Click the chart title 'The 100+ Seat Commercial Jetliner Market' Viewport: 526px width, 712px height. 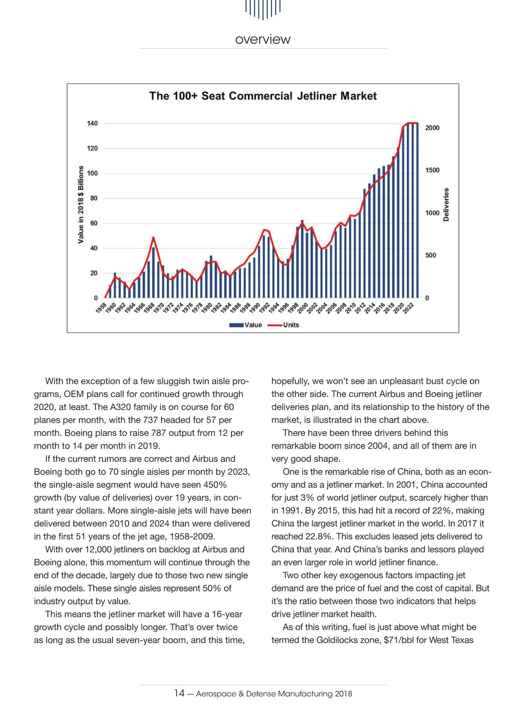click(263, 96)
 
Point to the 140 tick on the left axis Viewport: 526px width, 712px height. click(92, 124)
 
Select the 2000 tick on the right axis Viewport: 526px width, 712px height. click(432, 128)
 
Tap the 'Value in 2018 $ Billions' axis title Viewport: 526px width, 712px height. click(81, 205)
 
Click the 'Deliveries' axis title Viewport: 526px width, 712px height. click(446, 205)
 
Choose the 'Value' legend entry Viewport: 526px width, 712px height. click(246, 325)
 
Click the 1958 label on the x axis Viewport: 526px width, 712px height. click(101, 308)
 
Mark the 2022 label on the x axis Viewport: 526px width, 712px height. click(409, 308)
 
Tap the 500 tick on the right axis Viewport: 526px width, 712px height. click(430, 255)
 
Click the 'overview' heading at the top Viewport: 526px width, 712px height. click(263, 39)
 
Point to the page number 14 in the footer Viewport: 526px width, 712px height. click(179, 693)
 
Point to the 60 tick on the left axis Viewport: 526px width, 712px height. click(93, 223)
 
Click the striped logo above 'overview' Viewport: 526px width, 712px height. click(263, 9)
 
